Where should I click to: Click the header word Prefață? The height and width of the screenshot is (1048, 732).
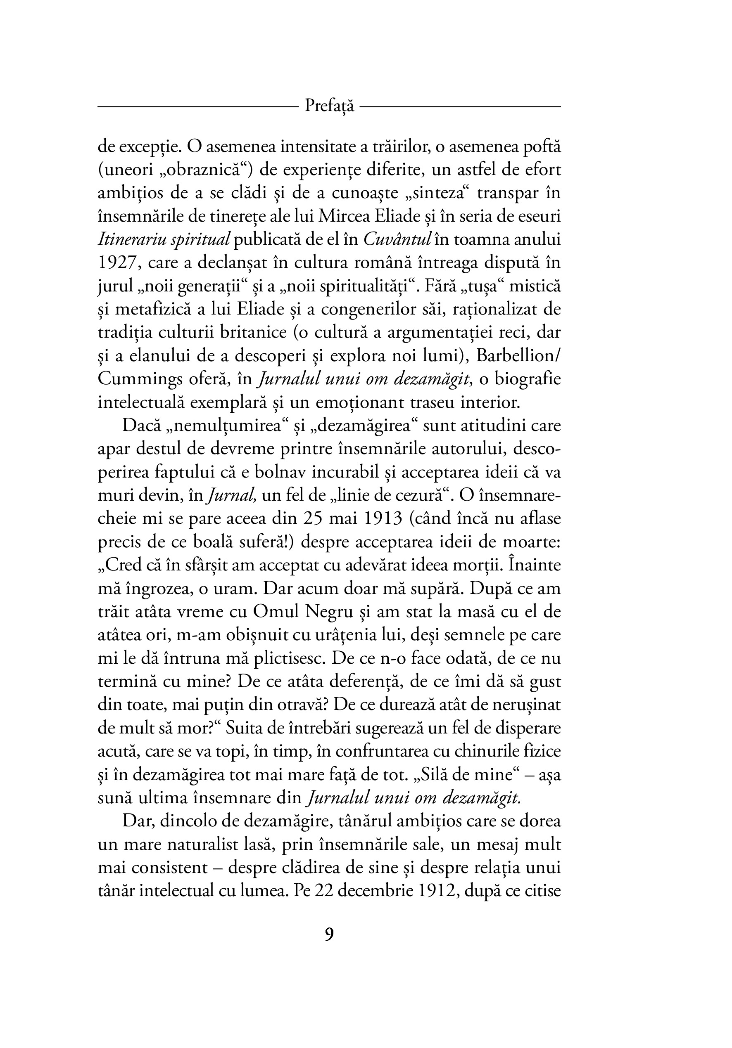329,106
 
